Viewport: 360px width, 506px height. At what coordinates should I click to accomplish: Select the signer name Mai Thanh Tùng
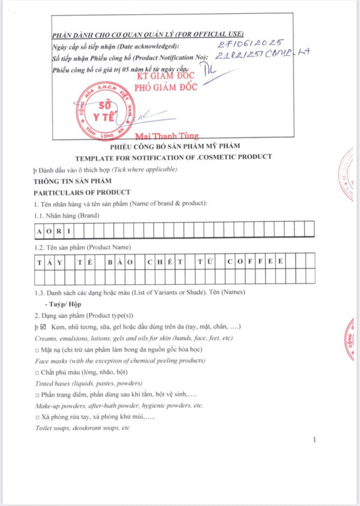tap(166, 136)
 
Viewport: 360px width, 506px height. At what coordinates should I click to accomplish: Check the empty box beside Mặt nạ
tap(37, 349)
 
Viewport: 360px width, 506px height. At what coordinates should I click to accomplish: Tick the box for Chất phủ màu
tap(37, 372)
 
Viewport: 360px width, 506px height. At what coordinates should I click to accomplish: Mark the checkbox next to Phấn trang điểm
tap(37, 395)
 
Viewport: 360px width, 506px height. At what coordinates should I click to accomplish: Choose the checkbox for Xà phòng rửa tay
tap(37, 418)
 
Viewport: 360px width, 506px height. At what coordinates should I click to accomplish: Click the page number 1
tap(314, 440)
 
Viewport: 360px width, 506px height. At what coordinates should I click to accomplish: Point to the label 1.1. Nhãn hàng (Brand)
tap(67, 215)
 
